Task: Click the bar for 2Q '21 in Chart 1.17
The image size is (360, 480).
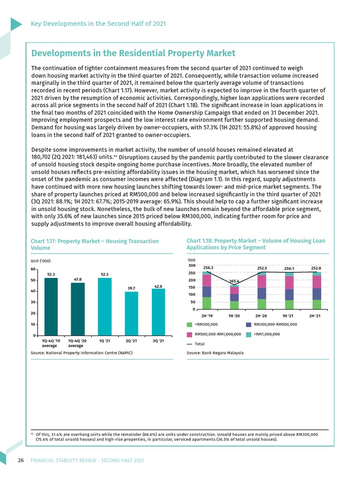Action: [132, 314]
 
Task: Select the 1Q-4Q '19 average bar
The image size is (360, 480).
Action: [51, 307]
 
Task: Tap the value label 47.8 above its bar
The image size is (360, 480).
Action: [78, 279]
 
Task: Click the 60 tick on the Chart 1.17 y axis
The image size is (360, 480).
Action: [33, 270]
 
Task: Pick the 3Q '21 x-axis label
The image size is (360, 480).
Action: [158, 341]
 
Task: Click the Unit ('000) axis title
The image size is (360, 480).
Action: [41, 261]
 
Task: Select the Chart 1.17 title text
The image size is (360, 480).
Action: [94, 244]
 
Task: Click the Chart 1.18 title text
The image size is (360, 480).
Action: [255, 244]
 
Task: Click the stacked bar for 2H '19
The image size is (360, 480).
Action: [207, 290]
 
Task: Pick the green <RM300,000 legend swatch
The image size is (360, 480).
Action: [189, 324]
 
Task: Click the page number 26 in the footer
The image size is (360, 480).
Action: [21, 460]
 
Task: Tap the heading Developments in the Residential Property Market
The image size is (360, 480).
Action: [133, 53]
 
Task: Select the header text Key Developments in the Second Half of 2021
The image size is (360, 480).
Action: [98, 23]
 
